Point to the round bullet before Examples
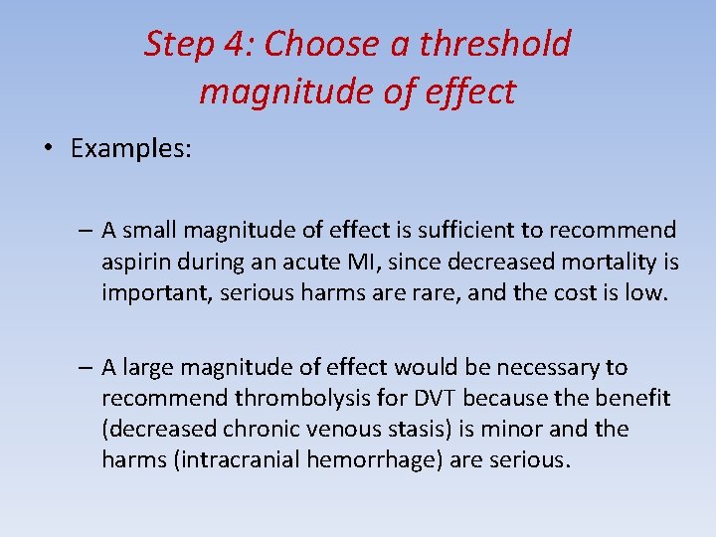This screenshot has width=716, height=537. (48, 150)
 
